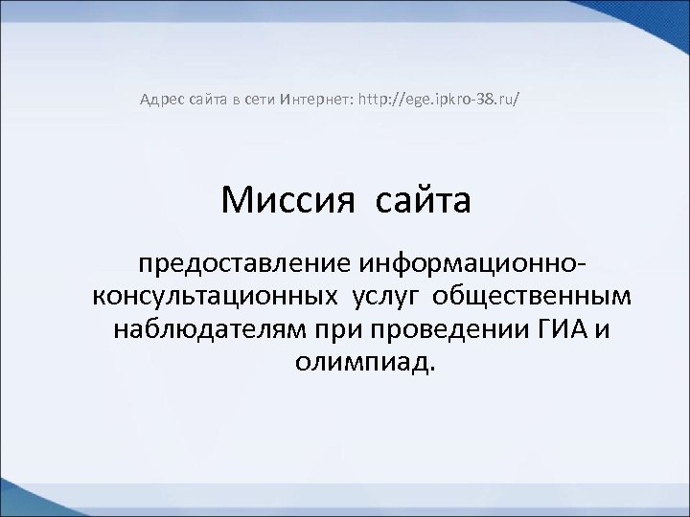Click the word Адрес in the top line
[x=159, y=98]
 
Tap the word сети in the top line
[x=254, y=98]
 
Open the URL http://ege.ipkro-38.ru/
[x=440, y=98]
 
